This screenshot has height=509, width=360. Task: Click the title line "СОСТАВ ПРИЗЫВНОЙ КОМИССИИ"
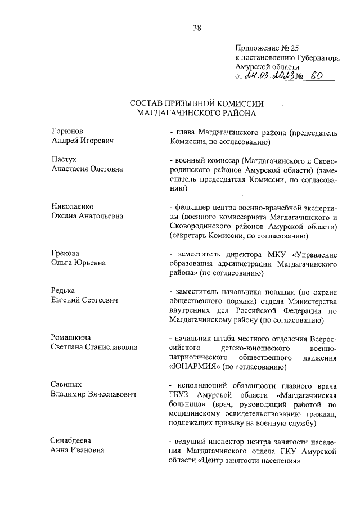pyautogui.click(x=197, y=104)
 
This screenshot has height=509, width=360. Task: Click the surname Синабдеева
pyautogui.click(x=71, y=440)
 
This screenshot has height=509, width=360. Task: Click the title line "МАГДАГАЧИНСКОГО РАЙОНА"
pyautogui.click(x=197, y=114)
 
